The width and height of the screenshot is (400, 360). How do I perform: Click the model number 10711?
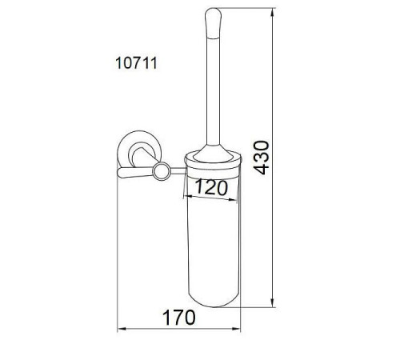(136, 63)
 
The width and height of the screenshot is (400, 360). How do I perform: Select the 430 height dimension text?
(262, 158)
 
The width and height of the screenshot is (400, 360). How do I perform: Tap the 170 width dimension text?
(179, 318)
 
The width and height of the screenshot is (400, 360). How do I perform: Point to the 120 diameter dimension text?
(211, 187)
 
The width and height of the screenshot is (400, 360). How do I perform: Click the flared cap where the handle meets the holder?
(213, 154)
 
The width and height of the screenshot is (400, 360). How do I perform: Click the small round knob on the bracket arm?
(162, 171)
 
